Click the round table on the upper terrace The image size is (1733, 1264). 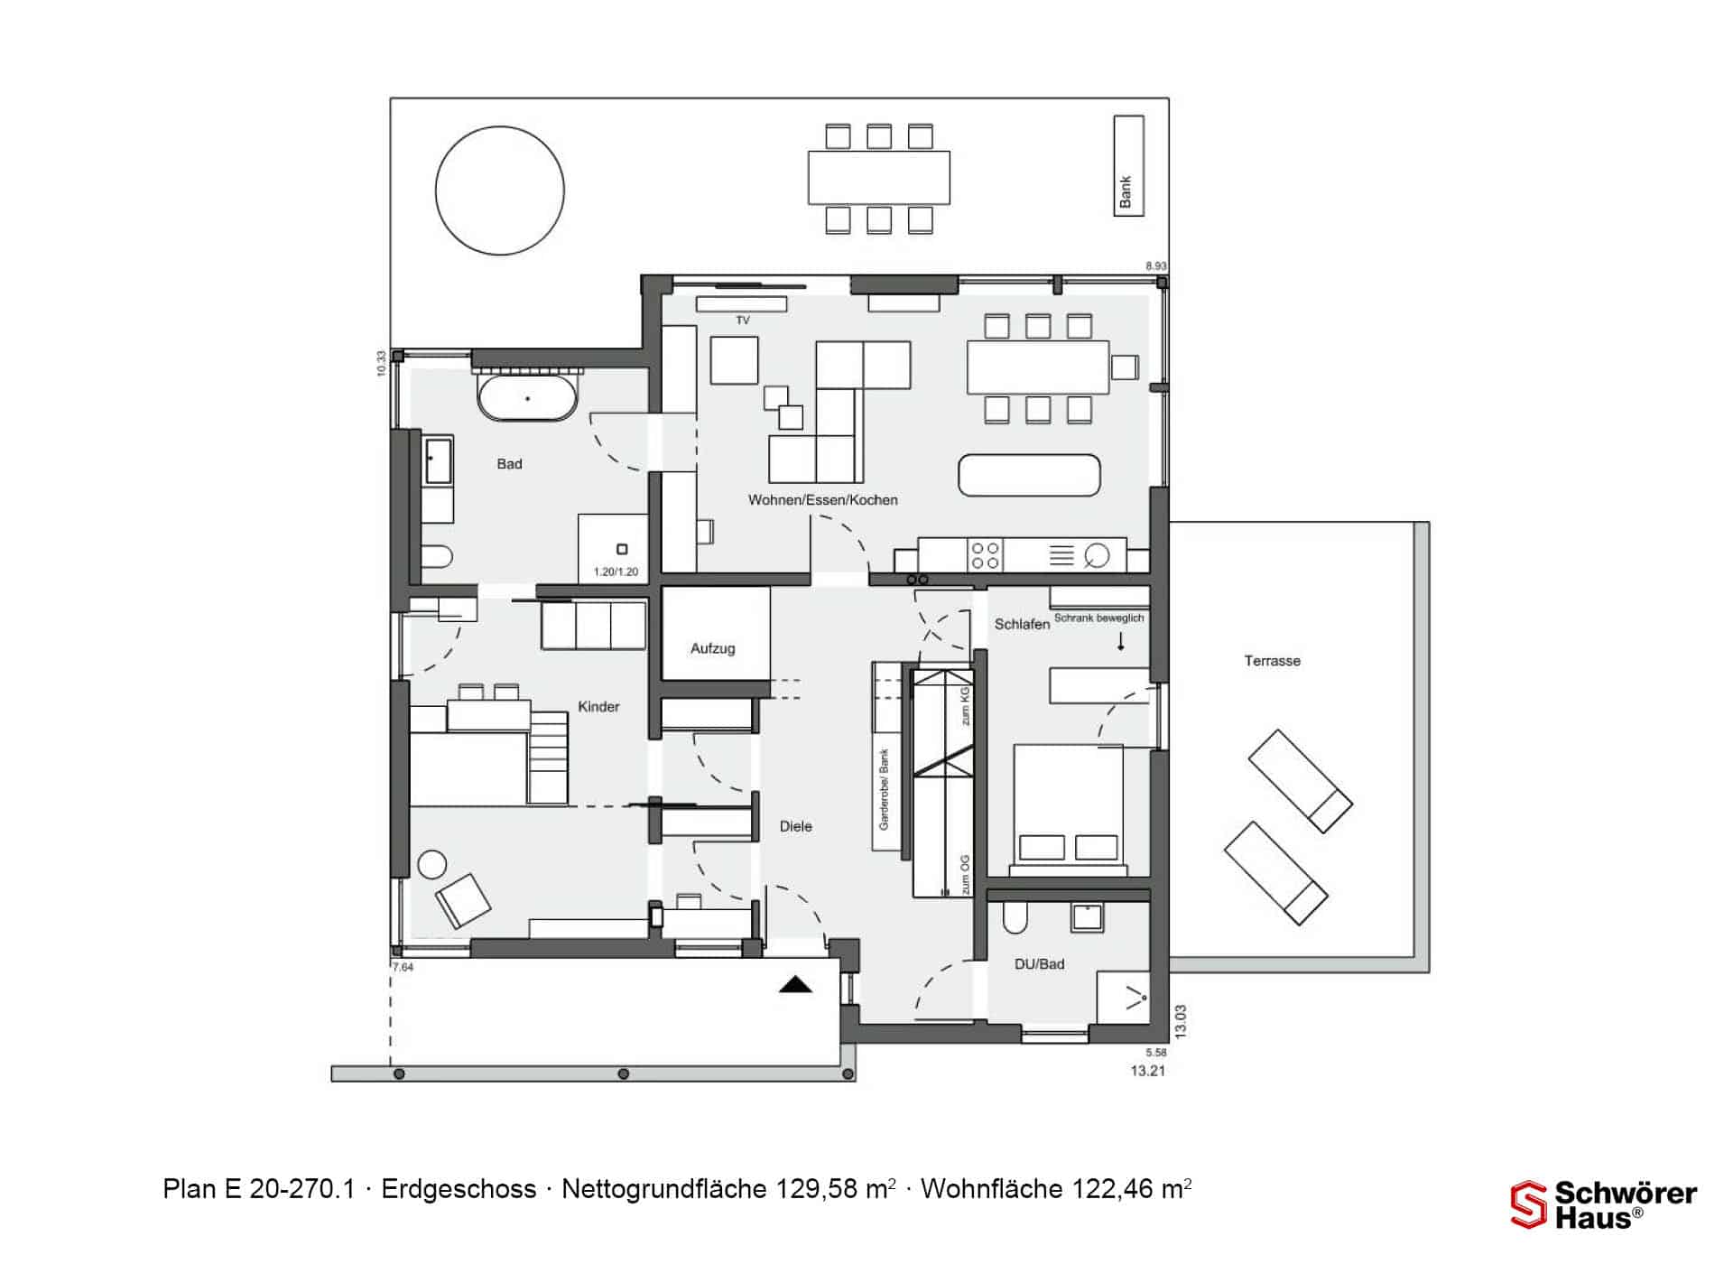[500, 191]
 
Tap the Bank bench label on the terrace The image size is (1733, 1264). [1126, 192]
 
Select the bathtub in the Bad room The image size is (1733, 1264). [528, 398]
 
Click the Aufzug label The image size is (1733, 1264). [713, 648]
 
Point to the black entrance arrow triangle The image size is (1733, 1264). [795, 984]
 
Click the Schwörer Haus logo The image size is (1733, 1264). [1604, 1205]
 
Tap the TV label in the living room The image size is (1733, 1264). [743, 321]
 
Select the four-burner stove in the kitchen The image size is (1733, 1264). [985, 555]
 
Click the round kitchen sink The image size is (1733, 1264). [1097, 555]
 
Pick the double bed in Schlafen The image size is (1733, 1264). [1069, 810]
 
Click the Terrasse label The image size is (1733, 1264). [1272, 661]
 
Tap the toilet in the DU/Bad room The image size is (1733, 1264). [1015, 918]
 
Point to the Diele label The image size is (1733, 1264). [795, 826]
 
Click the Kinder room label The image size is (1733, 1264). [598, 707]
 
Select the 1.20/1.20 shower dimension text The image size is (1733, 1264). [616, 572]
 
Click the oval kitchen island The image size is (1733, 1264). [1029, 475]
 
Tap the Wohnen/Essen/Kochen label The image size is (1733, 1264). [822, 500]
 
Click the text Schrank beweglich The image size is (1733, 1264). [1098, 618]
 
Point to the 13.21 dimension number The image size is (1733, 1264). [1147, 1072]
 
